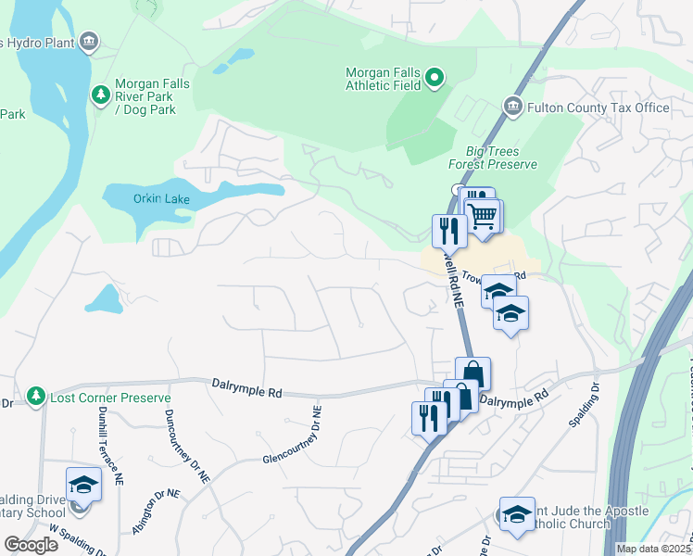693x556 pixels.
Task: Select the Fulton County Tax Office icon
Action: (511, 107)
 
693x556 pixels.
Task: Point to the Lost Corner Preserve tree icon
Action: (36, 397)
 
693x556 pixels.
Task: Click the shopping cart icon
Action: (483, 217)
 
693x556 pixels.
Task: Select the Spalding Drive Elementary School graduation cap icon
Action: (82, 485)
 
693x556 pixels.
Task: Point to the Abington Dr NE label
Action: (156, 511)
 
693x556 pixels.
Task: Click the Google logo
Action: (31, 545)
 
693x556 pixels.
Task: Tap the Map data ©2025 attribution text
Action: (653, 549)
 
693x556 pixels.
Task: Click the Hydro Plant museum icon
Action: (89, 41)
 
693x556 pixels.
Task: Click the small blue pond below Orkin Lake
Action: (103, 298)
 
